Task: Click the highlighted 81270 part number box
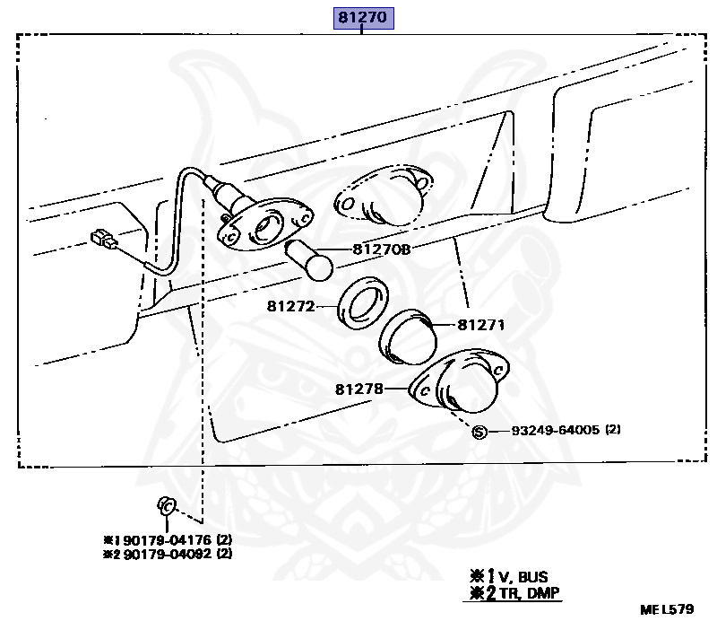(x=364, y=18)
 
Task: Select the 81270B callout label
(x=382, y=249)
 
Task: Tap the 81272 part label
(x=291, y=306)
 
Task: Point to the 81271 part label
(x=481, y=325)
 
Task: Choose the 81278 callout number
(x=359, y=389)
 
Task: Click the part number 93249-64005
(x=555, y=430)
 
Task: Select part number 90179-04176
(x=168, y=539)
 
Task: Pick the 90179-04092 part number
(x=168, y=554)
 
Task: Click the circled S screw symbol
(x=479, y=432)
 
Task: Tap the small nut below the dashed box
(x=167, y=506)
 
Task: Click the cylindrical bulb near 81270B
(x=309, y=259)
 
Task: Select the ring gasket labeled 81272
(x=363, y=302)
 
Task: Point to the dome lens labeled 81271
(x=408, y=337)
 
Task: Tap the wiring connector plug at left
(x=104, y=240)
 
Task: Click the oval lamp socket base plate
(x=265, y=223)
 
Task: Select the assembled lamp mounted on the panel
(x=384, y=195)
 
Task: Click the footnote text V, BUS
(x=523, y=576)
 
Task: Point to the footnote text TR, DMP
(x=529, y=593)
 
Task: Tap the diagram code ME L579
(x=667, y=609)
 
